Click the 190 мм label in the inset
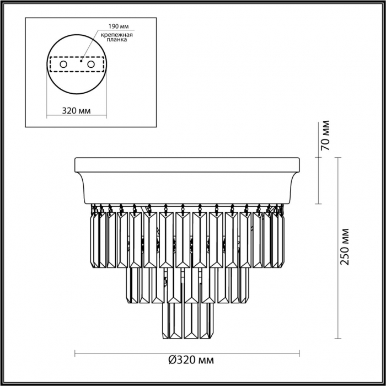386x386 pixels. (x=119, y=26)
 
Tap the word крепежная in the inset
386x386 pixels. (x=117, y=35)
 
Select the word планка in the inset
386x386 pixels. (x=117, y=39)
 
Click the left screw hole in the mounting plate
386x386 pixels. (x=63, y=65)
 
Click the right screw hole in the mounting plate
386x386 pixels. (x=91, y=65)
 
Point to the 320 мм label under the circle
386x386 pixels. (x=76, y=111)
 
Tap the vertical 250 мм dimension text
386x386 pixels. (x=345, y=247)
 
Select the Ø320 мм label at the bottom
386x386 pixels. (x=191, y=360)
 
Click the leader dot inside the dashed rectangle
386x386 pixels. (x=81, y=61)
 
